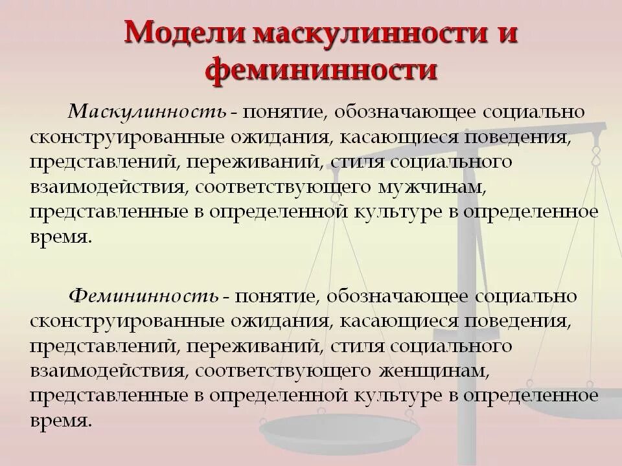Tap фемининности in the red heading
pyautogui.click(x=321, y=70)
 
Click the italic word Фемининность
pyautogui.click(x=144, y=297)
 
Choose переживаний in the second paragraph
pyautogui.click(x=251, y=347)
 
